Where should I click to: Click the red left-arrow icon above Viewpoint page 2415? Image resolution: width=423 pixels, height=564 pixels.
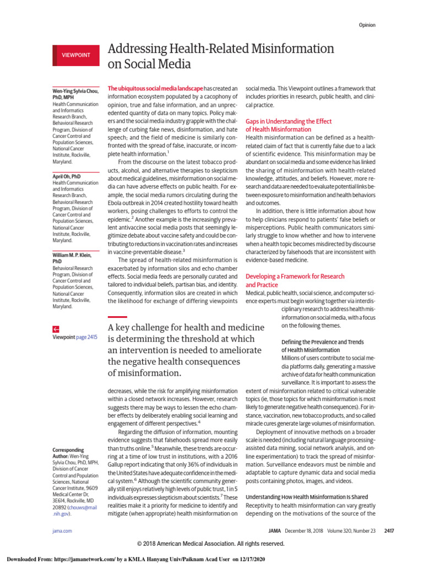point(56,327)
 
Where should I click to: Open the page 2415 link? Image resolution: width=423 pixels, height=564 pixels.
point(86,337)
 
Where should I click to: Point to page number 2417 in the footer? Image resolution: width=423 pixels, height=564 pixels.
point(370,531)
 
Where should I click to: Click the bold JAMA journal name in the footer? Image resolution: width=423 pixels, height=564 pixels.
point(274,531)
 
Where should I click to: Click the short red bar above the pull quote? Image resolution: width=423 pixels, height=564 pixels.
point(117,317)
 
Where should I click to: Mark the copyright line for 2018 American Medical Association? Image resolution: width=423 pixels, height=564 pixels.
point(211,544)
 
